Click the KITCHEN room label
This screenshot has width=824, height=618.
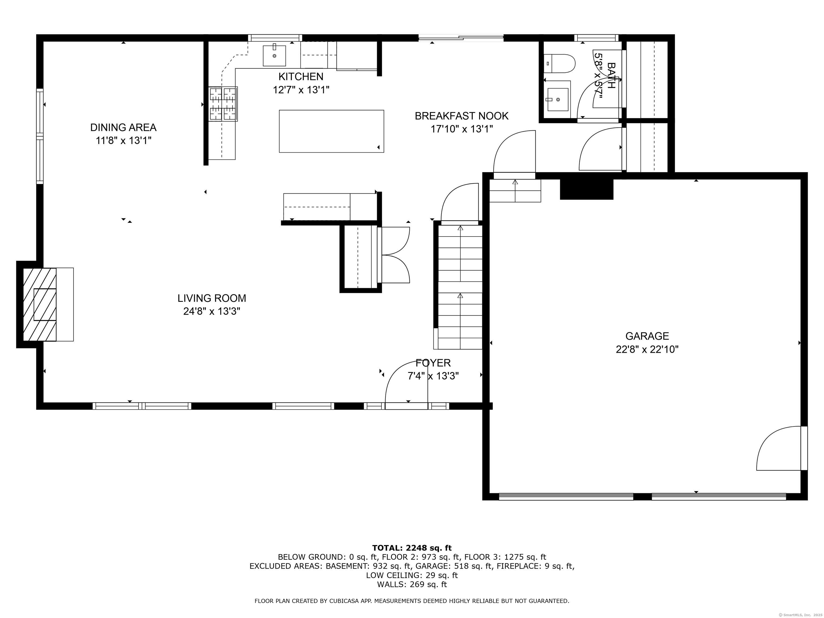[301, 77]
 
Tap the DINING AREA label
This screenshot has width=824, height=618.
[123, 127]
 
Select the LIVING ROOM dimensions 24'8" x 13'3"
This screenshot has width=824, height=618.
[212, 311]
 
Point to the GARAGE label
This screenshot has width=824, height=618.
[647, 336]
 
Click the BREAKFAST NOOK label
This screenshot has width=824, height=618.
[462, 116]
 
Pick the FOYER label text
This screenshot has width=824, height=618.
[433, 363]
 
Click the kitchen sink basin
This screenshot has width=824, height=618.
[275, 56]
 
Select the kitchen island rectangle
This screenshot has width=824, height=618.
[332, 131]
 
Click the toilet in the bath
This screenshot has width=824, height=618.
[560, 63]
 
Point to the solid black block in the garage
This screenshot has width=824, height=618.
[586, 189]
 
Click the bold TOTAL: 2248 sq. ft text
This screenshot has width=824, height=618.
[412, 548]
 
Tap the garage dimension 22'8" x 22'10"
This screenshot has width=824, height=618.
[647, 350]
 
